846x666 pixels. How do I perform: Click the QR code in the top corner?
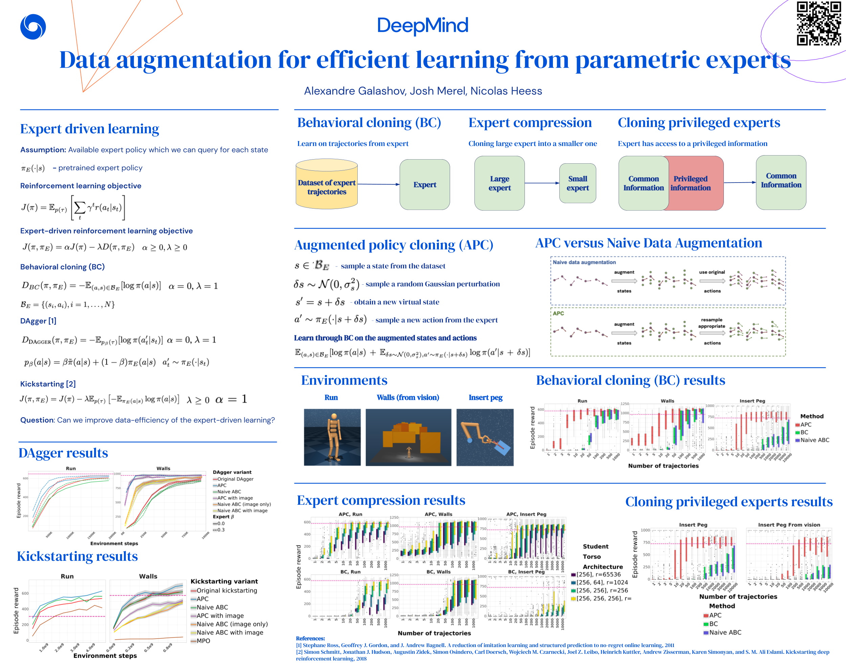(x=818, y=23)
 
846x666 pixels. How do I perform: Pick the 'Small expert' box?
(x=578, y=183)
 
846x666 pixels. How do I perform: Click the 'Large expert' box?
(x=499, y=183)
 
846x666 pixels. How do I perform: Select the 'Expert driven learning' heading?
(x=89, y=129)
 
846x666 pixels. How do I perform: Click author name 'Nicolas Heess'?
(x=506, y=91)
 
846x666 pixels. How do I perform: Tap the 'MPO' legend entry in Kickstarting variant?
(x=203, y=641)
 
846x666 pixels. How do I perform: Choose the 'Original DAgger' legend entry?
(x=235, y=479)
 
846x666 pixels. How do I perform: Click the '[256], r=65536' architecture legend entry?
(x=598, y=574)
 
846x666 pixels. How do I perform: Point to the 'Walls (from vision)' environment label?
(x=408, y=397)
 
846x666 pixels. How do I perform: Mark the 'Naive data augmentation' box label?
(x=584, y=262)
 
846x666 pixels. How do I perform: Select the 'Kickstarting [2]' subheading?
(x=48, y=384)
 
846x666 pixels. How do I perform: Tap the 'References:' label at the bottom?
(x=310, y=638)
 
